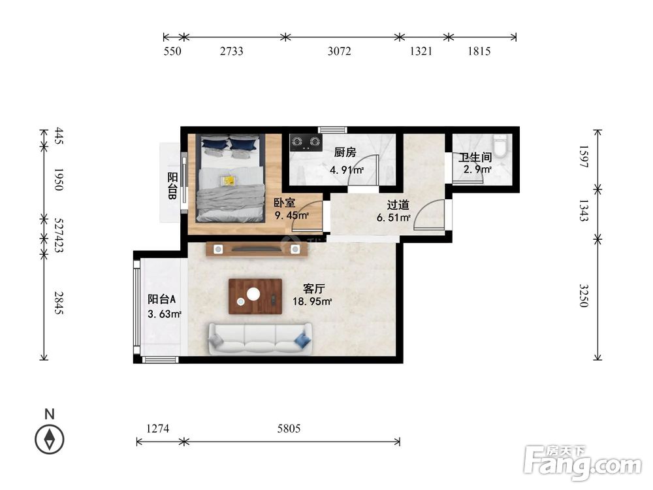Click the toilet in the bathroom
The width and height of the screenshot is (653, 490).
coord(500,146)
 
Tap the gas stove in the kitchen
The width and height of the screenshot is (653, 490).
coord(306,142)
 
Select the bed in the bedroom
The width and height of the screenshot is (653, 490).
coord(231,178)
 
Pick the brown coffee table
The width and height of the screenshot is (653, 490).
coord(255,296)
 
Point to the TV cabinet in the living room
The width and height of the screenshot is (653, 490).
coord(257,249)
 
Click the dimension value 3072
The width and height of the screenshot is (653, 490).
coord(340,51)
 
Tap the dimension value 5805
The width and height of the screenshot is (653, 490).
coord(289,429)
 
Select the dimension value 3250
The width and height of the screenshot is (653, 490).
coord(584,295)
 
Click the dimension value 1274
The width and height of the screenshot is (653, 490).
coord(158,429)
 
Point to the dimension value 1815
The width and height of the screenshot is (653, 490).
coord(479,51)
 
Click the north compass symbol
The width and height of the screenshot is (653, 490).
coord(50,440)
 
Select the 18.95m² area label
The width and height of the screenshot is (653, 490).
coord(312,301)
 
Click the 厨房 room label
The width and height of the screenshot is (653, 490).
coord(345,152)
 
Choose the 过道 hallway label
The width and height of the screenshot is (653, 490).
coord(398,205)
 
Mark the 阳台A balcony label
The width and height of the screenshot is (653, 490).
coord(161,299)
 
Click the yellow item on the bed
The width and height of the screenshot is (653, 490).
coord(228,180)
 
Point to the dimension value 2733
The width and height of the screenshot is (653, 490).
coord(232,51)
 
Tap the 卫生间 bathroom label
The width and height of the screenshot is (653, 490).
coord(475,157)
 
